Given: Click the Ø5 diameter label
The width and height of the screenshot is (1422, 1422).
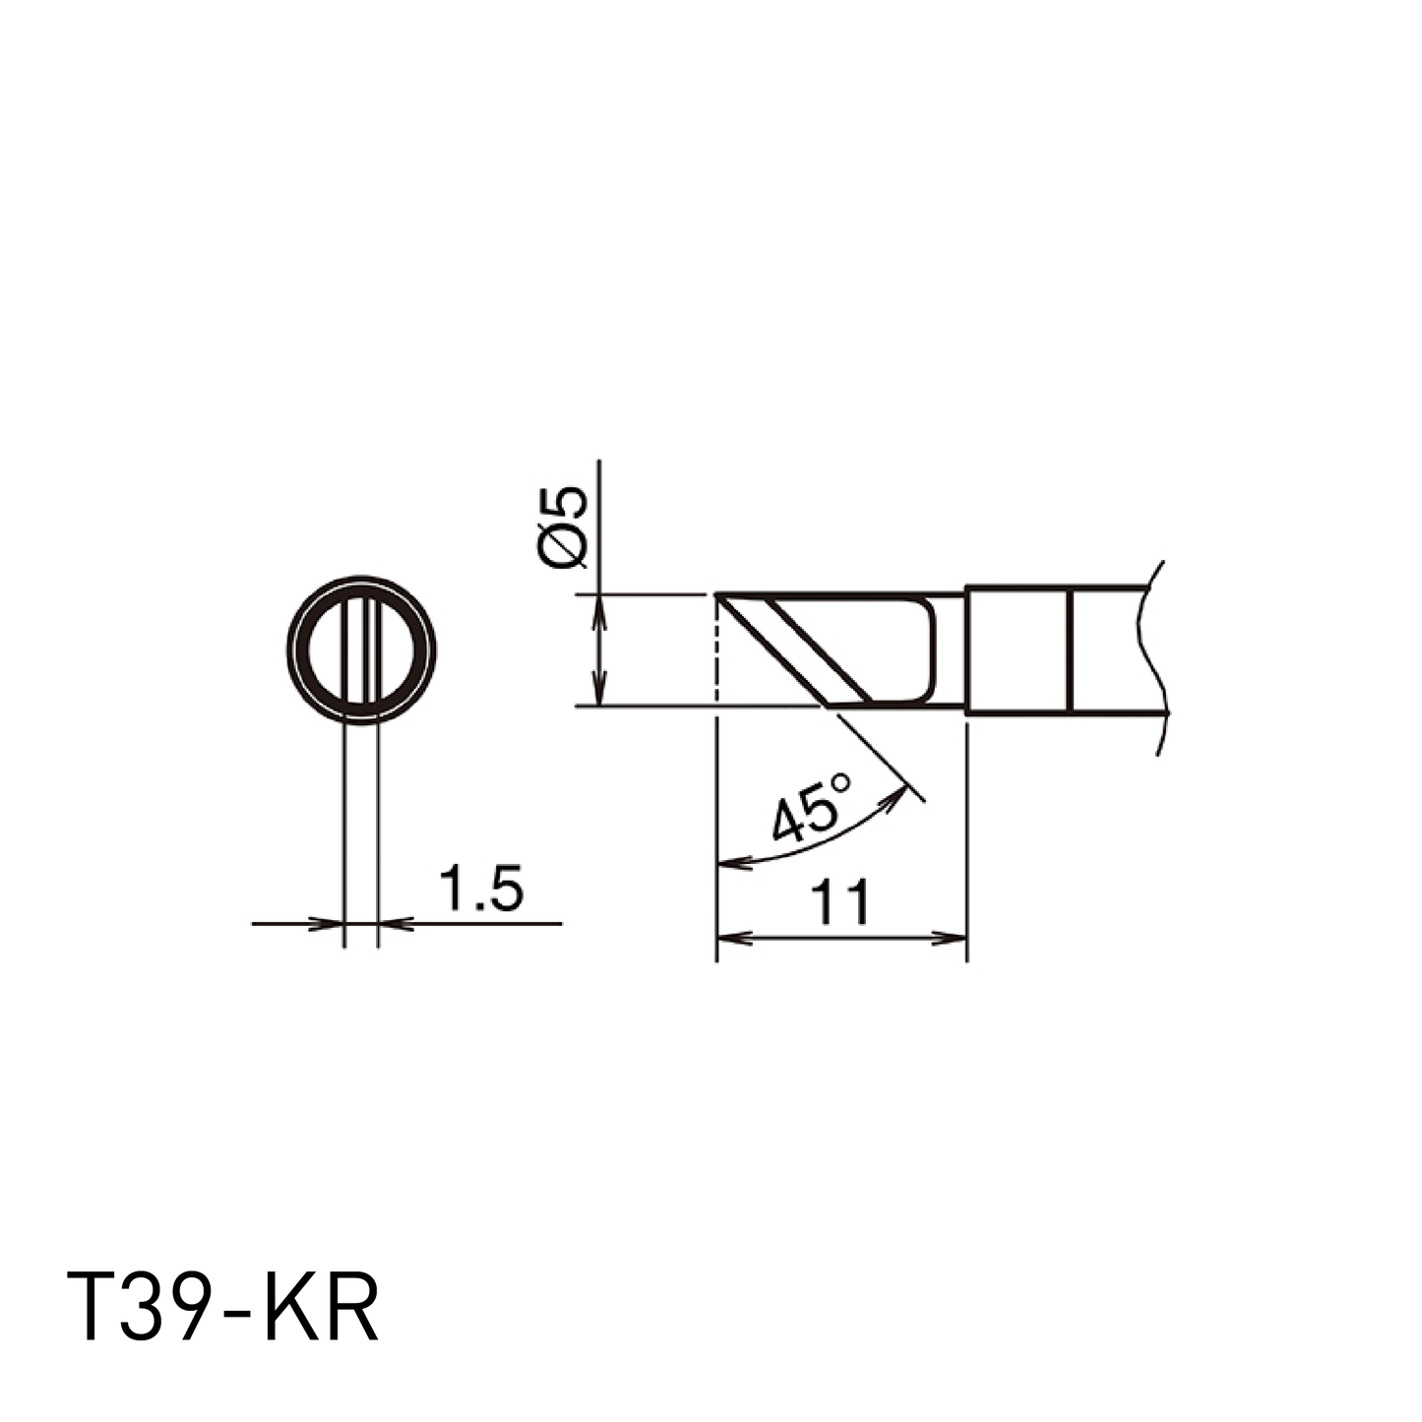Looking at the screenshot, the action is (x=563, y=526).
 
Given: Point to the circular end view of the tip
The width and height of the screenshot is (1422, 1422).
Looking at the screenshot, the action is (x=361, y=649).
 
